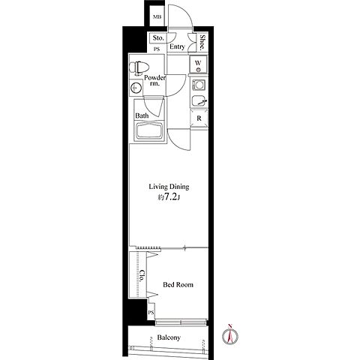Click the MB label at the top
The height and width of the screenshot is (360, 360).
[157, 17]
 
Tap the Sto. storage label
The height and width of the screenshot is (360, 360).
[158, 38]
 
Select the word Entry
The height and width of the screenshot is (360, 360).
[177, 46]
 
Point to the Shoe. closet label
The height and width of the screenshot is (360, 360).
[202, 42]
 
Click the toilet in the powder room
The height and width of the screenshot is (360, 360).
[139, 67]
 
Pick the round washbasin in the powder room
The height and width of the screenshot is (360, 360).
[136, 88]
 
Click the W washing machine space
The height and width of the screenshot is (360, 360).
[198, 64]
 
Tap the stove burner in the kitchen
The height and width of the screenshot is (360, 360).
[199, 85]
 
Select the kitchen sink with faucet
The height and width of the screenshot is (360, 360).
[199, 100]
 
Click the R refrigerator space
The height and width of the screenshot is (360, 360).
[199, 118]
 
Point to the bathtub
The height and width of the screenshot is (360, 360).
[149, 131]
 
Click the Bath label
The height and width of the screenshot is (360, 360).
[142, 115]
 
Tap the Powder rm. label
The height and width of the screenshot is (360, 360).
[154, 80]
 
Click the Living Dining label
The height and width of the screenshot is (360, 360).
[169, 187]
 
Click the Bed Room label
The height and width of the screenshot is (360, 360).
[178, 284]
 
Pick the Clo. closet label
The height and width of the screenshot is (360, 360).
[142, 275]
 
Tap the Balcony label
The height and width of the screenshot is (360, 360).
[169, 337]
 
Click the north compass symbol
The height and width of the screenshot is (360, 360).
[230, 334]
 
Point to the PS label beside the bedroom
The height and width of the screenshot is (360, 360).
[151, 313]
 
